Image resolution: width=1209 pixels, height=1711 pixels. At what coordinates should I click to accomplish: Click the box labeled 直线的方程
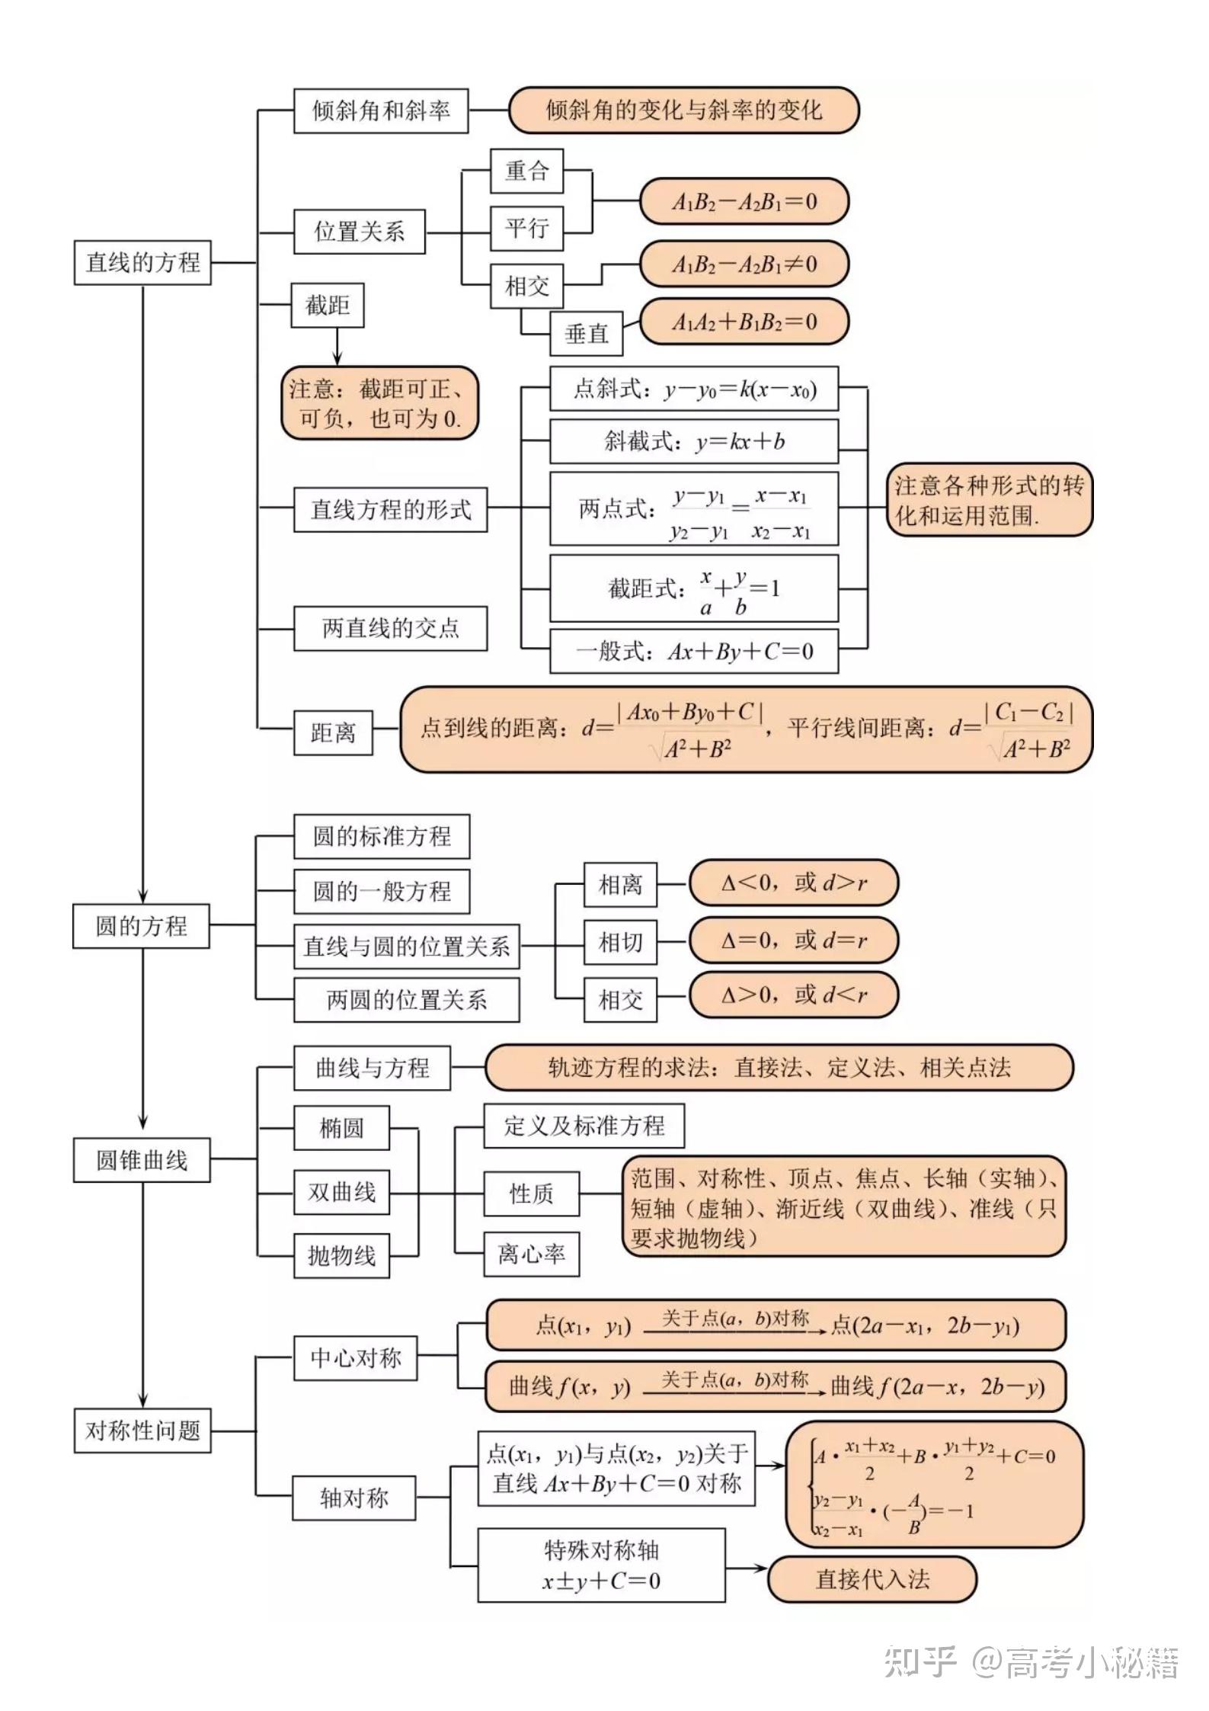[x=142, y=263]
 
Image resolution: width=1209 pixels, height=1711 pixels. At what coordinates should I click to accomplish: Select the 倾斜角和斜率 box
[x=381, y=111]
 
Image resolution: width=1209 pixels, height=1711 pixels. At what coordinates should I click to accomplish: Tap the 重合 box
[x=526, y=171]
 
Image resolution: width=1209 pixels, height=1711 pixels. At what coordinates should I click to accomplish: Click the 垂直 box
[x=587, y=334]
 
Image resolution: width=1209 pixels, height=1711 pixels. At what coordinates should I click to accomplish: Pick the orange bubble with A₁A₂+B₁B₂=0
[x=744, y=322]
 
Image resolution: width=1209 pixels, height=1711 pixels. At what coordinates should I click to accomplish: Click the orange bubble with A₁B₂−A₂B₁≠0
[x=744, y=264]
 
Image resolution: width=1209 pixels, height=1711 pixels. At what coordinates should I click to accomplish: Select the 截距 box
[x=328, y=306]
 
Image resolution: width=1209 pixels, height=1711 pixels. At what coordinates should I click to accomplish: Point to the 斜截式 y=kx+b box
[x=694, y=441]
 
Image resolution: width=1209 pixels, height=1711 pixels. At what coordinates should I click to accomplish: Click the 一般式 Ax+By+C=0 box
[x=694, y=652]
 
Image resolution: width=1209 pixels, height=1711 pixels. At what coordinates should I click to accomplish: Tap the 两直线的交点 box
[x=390, y=629]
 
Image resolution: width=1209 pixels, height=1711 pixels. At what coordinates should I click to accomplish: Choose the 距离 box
[x=333, y=733]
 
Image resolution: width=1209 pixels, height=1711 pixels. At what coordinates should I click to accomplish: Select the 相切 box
[x=620, y=943]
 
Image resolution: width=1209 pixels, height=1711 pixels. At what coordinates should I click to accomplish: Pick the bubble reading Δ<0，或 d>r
[x=793, y=883]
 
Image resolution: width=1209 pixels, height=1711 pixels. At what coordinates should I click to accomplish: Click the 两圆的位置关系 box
[x=406, y=1000]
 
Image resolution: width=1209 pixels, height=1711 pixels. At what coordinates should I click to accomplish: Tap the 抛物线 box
[x=341, y=1255]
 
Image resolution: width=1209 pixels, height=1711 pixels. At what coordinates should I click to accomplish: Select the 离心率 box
[x=531, y=1254]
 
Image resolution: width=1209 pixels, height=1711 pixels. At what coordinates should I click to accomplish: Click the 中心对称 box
[x=355, y=1358]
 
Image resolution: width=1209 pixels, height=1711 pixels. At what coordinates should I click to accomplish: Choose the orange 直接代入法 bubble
[x=872, y=1579]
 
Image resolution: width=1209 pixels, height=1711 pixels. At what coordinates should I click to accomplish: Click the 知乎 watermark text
[x=920, y=1662]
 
